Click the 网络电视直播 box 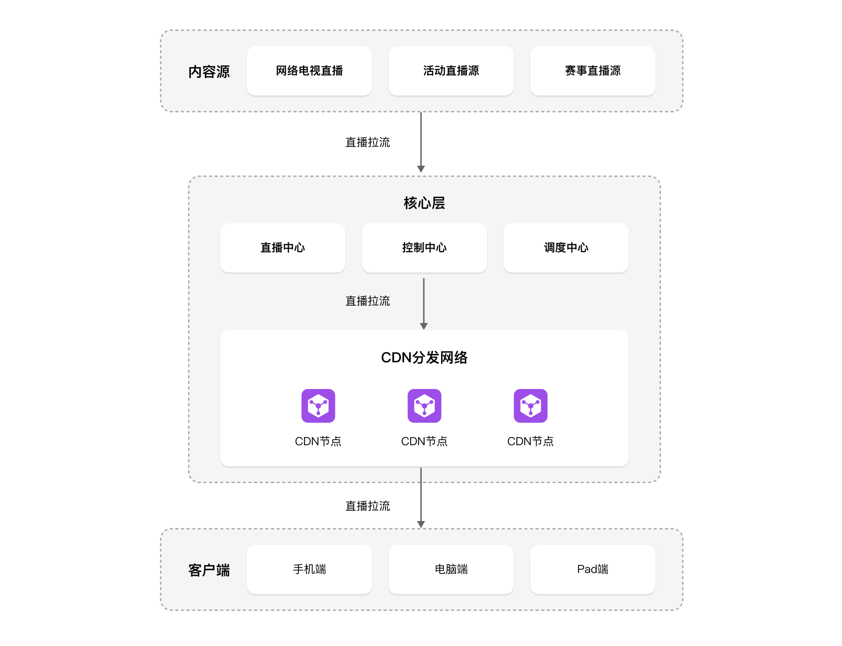309,71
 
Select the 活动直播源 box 451,71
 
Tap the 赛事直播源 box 593,71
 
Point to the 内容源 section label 209,72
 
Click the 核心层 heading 424,203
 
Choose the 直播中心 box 283,248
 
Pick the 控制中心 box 424,248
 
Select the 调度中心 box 566,248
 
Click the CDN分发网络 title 424,358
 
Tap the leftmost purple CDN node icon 318,406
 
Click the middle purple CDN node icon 424,406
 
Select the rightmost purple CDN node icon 530,406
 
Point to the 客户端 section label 209,570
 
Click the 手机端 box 309,569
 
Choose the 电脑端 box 451,569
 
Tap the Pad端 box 593,569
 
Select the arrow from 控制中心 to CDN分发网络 424,303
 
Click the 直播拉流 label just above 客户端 368,506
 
